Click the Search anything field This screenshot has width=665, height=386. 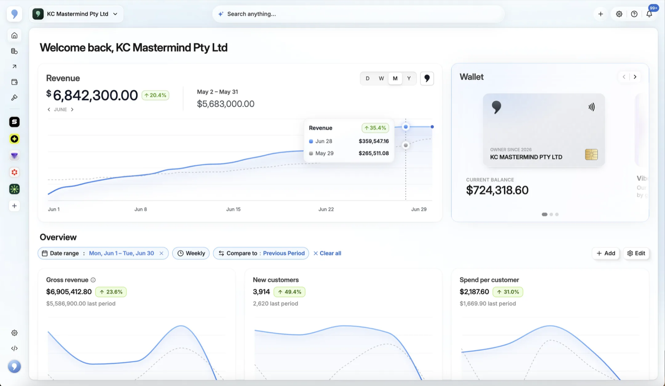coord(358,14)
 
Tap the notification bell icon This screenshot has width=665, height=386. coord(649,14)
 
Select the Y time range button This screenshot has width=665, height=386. coord(409,78)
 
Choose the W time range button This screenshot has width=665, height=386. coord(381,78)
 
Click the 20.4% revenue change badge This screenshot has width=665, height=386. coord(156,95)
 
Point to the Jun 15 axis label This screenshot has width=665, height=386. coord(233,209)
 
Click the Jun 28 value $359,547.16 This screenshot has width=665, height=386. coord(374,141)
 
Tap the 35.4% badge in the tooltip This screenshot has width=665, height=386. coord(375,128)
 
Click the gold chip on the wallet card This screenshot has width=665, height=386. coord(591,155)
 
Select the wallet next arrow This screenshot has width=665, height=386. coord(635,77)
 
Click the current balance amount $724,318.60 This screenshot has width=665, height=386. coord(497,190)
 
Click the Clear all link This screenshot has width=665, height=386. coord(327,253)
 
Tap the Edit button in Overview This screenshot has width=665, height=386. coord(636,253)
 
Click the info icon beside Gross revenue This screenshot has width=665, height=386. coord(93,280)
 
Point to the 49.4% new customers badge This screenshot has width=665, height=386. coord(290,292)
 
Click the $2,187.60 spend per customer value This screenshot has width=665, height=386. coord(474,292)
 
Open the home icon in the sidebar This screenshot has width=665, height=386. coord(14,35)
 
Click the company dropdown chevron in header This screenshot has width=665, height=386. coord(115,14)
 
